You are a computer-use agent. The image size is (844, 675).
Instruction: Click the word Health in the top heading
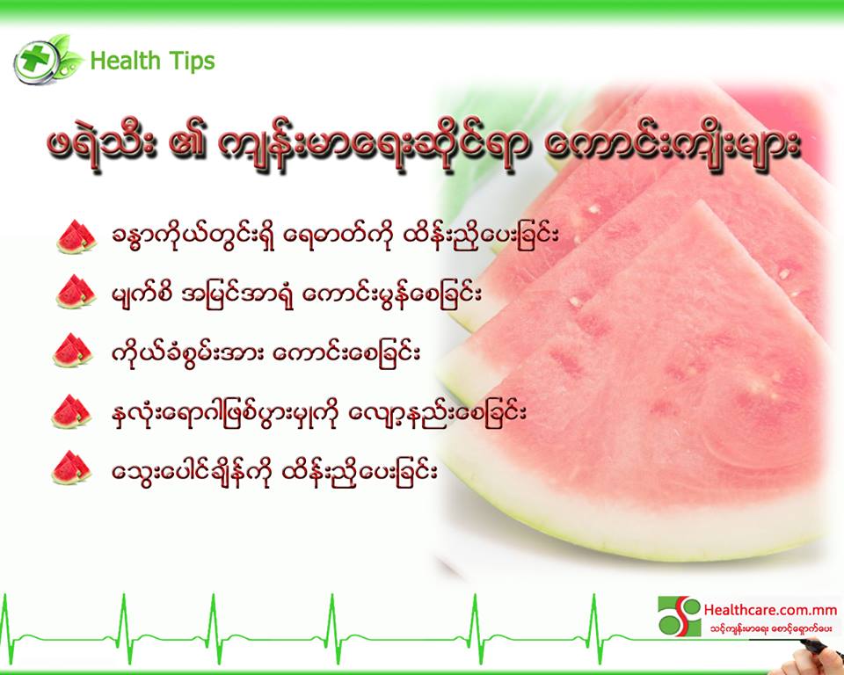[x=126, y=61]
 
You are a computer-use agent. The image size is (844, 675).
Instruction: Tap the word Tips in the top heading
[x=192, y=61]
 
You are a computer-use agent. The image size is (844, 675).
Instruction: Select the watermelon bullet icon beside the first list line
[x=76, y=236]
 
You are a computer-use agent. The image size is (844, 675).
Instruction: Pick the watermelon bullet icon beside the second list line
[x=76, y=292]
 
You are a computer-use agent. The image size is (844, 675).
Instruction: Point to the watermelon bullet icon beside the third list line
[x=73, y=351]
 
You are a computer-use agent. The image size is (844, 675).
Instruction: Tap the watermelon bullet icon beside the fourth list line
[x=71, y=412]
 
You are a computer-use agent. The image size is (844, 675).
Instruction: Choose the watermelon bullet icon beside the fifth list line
[x=71, y=468]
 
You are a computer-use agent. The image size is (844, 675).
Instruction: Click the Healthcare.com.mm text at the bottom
[x=770, y=610]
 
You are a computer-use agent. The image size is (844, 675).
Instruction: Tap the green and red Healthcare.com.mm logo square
[x=680, y=616]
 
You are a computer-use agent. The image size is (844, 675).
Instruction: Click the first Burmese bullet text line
[x=335, y=236]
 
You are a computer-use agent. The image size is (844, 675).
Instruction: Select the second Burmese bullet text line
[x=296, y=294]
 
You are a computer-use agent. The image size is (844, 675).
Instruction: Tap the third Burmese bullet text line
[x=266, y=353]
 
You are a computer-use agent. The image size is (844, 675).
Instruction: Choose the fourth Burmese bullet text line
[x=318, y=413]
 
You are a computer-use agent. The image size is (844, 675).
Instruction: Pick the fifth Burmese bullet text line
[x=274, y=472]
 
